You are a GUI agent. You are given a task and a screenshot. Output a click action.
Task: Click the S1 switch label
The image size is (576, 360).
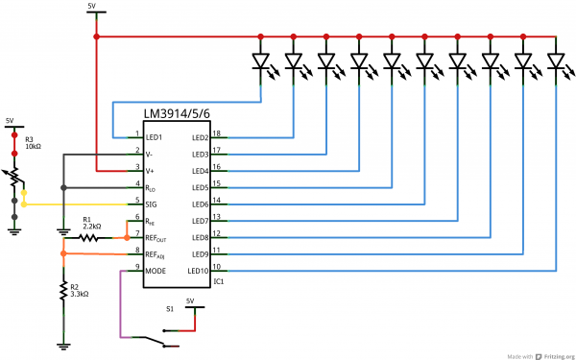pyautogui.click(x=170, y=309)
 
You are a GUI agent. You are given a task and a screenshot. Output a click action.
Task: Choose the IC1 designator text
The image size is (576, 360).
pyautogui.click(x=218, y=281)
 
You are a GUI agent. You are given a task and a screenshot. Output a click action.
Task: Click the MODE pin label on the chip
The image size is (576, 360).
pyautogui.click(x=156, y=271)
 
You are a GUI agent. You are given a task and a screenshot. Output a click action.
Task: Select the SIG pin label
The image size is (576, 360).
pyautogui.click(x=153, y=204)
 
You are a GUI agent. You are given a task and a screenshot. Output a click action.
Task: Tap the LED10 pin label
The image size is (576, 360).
pyautogui.click(x=199, y=271)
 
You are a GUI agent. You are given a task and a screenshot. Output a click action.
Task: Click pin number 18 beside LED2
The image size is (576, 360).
pyautogui.click(x=217, y=133)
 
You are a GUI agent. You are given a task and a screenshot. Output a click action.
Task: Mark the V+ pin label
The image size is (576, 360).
pyautogui.click(x=150, y=171)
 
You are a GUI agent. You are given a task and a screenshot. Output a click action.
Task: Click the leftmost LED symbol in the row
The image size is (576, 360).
pyautogui.click(x=260, y=62)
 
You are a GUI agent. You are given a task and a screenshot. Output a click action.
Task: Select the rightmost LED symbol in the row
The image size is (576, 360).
pyautogui.click(x=555, y=62)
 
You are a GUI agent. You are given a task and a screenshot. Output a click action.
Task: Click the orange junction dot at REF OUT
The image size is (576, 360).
pyautogui.click(x=126, y=237)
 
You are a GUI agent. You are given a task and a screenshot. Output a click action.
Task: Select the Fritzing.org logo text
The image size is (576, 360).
pyautogui.click(x=554, y=354)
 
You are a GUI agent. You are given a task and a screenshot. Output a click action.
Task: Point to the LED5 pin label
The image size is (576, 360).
pyautogui.click(x=199, y=187)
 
